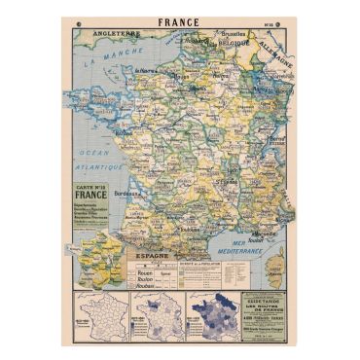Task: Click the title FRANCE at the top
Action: pos(179,21)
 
